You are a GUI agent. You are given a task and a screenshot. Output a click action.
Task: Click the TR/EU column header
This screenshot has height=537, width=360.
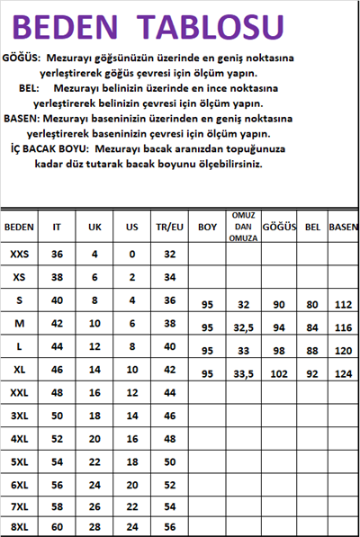pos(168,228)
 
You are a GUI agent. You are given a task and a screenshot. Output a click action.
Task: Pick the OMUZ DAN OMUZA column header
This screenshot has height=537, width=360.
pos(245,228)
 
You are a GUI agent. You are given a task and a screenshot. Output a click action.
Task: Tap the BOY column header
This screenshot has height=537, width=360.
pos(207,228)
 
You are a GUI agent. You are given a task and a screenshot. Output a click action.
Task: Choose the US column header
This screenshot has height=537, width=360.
pos(131,228)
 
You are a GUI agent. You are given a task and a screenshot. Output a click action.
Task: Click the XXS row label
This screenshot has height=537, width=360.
pos(19,255)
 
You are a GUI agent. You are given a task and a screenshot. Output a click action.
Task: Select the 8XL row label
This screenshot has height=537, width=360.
pos(19,526)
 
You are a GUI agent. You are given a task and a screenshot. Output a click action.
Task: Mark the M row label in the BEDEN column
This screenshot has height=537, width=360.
pos(19,322)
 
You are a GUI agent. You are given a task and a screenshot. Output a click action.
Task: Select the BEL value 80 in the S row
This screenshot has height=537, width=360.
pos(312,305)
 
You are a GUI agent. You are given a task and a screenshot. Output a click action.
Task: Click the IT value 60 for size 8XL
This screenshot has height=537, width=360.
pos(57,526)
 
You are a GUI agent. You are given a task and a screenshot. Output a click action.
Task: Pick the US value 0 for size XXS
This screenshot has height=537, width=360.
pos(131,255)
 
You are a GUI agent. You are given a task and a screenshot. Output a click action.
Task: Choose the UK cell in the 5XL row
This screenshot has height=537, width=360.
pos(94,461)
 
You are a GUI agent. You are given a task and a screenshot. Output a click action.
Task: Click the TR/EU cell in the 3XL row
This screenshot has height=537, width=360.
pos(168,416)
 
